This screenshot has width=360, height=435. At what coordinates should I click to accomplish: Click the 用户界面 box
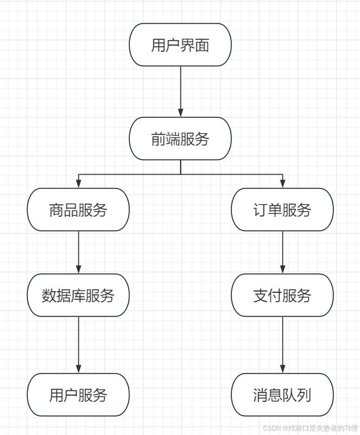pyautogui.click(x=180, y=44)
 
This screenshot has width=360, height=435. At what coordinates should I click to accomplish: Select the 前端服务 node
pyautogui.click(x=180, y=138)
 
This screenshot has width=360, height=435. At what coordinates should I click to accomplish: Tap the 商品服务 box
pyautogui.click(x=78, y=209)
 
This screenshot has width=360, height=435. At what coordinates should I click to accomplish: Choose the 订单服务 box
pyautogui.click(x=282, y=209)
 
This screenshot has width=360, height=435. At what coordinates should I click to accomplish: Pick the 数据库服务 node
pyautogui.click(x=78, y=295)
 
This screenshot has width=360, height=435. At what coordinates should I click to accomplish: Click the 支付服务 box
pyautogui.click(x=282, y=295)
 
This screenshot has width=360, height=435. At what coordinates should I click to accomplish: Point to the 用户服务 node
pyautogui.click(x=78, y=394)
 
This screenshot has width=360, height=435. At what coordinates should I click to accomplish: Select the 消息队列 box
pyautogui.click(x=282, y=394)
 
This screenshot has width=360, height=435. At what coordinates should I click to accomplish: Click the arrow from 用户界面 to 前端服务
pyautogui.click(x=181, y=91)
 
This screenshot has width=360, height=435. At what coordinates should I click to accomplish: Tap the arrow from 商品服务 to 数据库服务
pyautogui.click(x=79, y=252)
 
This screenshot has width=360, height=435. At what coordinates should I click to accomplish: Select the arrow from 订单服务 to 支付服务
pyautogui.click(x=283, y=252)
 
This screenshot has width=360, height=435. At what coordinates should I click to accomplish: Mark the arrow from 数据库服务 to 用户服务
pyautogui.click(x=79, y=345)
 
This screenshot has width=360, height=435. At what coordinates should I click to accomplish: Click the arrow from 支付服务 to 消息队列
pyautogui.click(x=283, y=345)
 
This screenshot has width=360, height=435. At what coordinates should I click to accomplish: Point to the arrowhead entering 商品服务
pyautogui.click(x=79, y=184)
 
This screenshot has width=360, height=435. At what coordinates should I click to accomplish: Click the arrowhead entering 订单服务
pyautogui.click(x=283, y=184)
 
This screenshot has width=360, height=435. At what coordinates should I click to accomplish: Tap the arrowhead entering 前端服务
pyautogui.click(x=181, y=113)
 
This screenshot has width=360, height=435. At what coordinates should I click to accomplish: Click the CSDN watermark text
pyautogui.click(x=310, y=428)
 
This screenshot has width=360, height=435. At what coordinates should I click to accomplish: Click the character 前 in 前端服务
pyautogui.click(x=158, y=139)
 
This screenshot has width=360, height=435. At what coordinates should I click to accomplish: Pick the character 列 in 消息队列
pyautogui.click(x=304, y=395)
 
